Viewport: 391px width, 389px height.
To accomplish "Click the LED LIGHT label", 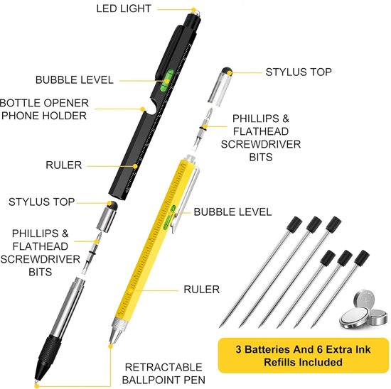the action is tap(124, 9).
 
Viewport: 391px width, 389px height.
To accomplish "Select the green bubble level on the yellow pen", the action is tap(169, 217).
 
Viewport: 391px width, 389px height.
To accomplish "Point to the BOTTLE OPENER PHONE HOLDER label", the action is tap(44, 109).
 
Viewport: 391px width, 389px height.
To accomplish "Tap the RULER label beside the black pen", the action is tap(63, 165).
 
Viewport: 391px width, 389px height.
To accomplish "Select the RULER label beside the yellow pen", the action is tap(201, 290).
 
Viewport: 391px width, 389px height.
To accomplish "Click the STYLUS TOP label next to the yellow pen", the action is tap(299, 72).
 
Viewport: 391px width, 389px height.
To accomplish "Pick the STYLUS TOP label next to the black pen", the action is tap(42, 202).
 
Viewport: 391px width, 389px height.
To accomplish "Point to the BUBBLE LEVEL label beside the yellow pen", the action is tap(232, 212).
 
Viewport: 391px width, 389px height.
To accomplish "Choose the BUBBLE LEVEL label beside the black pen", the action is tap(75, 80).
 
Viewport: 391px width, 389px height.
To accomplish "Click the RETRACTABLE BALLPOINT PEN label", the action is tap(164, 373).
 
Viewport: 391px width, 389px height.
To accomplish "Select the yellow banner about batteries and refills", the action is tap(304, 356).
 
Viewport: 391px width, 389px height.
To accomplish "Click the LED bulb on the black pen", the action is tap(194, 11).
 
